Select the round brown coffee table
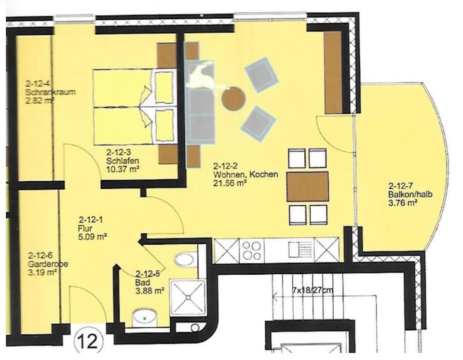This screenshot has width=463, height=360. (233, 98)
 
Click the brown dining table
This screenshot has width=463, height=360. (308, 187)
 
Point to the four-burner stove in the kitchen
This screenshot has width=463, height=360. (252, 250)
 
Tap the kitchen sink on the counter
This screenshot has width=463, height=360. (295, 250)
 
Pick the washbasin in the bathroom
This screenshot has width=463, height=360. (144, 318)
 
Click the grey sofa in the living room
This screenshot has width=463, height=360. (201, 104)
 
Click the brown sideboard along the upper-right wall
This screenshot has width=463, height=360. (333, 72)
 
